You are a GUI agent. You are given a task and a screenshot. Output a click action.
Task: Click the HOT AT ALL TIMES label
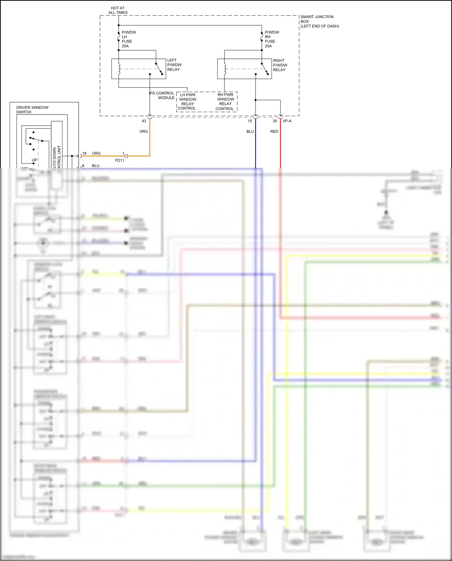(x=118, y=10)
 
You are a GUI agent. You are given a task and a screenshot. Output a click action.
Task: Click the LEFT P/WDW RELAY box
(x=139, y=69)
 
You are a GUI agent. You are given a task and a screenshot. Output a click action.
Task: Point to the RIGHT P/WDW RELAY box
(x=244, y=69)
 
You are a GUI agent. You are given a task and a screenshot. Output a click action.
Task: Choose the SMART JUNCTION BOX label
(x=319, y=21)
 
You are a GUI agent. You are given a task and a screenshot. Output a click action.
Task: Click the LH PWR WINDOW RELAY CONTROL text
(x=187, y=102)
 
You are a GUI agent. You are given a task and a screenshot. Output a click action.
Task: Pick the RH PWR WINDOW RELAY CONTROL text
(x=225, y=102)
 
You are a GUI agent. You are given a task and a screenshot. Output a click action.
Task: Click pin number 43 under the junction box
(x=144, y=121)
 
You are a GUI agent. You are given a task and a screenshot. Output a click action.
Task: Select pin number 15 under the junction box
(x=250, y=121)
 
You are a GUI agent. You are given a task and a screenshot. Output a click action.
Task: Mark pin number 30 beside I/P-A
(x=275, y=121)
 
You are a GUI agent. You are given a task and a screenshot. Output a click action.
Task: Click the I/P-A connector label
(x=287, y=121)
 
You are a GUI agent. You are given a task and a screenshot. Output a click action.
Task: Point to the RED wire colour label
(x=274, y=131)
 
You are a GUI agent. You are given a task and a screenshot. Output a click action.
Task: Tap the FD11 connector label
(x=120, y=160)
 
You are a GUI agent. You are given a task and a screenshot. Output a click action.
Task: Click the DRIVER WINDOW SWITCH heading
(x=32, y=110)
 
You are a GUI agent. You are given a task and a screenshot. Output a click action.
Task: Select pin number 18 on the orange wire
(x=84, y=153)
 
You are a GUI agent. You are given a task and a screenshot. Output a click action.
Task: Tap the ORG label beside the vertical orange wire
(x=144, y=131)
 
